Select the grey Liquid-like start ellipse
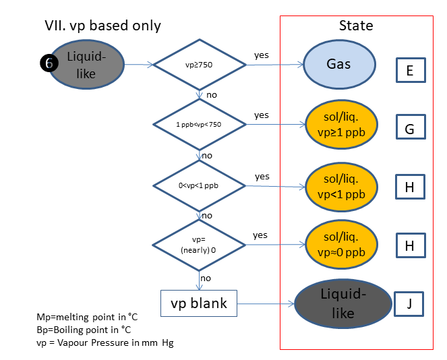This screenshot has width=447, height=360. (x=86, y=65)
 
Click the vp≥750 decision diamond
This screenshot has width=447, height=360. (x=200, y=65)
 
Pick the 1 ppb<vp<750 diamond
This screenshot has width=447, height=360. (x=199, y=125)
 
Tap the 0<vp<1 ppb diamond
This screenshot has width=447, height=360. (x=199, y=185)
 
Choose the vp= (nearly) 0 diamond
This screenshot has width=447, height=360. (x=199, y=244)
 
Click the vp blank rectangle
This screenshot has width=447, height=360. (x=199, y=303)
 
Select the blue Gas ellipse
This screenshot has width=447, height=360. (x=338, y=65)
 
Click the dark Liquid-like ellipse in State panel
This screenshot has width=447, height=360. (x=344, y=304)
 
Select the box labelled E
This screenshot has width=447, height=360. (x=409, y=69)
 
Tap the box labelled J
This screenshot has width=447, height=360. (x=409, y=303)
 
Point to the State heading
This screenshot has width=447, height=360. (x=355, y=26)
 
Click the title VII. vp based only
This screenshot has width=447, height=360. (x=102, y=26)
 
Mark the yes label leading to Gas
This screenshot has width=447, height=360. (x=261, y=54)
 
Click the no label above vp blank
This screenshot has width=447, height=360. (x=206, y=277)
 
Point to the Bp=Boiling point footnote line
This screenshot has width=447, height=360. (x=83, y=330)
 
